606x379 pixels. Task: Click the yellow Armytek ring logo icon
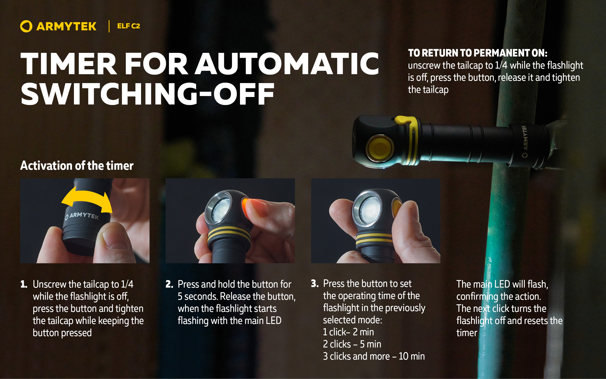coord(26,26)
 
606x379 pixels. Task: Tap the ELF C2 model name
coord(128,26)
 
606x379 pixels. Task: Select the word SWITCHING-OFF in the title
coord(148,94)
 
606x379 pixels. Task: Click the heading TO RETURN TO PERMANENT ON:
coord(478,53)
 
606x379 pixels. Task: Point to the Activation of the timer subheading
coord(77,166)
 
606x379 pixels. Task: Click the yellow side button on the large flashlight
coord(379,148)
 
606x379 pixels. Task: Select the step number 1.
coord(24,284)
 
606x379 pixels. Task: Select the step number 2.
coord(169,284)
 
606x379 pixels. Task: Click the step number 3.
coord(315,283)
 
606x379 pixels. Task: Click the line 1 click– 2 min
coord(348,332)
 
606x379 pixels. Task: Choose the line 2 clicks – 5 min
coord(352,344)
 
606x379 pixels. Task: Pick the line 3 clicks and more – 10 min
coord(374,356)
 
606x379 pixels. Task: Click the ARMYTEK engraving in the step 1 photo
coord(82,216)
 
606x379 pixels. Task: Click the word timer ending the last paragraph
coord(467,333)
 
